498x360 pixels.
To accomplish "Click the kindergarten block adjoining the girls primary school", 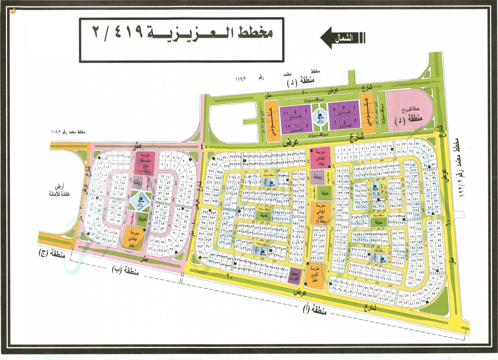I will (x=318, y=177).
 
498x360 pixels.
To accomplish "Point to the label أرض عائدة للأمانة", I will (x=59, y=191).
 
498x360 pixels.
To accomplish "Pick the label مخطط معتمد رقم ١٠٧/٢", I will (x=68, y=132).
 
